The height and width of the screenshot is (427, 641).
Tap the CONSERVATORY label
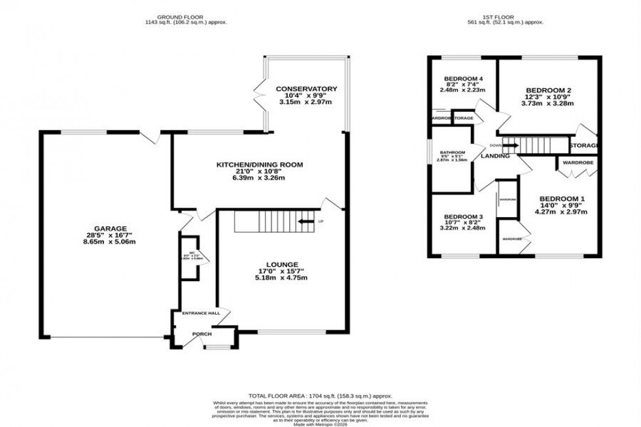pyautogui.click(x=305, y=89)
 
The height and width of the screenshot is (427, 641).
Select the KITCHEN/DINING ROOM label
pyautogui.click(x=260, y=165)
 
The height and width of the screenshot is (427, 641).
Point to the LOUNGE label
pyautogui.click(x=282, y=264)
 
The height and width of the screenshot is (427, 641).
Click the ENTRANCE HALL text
pyautogui.click(x=201, y=314)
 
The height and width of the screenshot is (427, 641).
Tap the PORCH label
pyautogui.click(x=201, y=333)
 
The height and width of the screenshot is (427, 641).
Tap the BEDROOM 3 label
pyautogui.click(x=463, y=217)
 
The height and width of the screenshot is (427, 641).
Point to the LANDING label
pyautogui.click(x=495, y=156)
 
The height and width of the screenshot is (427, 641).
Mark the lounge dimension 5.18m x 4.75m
pyautogui.click(x=282, y=277)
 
